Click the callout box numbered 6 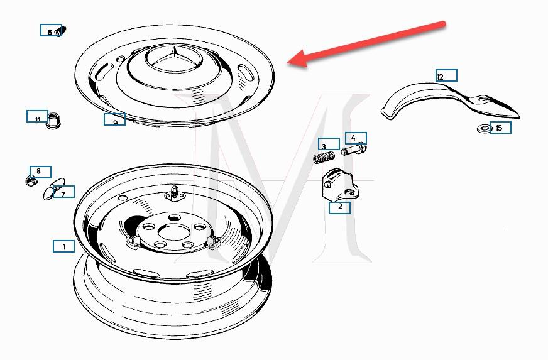(x=51, y=30)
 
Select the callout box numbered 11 (x=38, y=116)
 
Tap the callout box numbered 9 (x=114, y=119)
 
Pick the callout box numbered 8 (x=41, y=172)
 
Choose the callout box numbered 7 (x=63, y=192)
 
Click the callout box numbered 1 (x=63, y=246)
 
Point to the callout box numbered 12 (x=446, y=75)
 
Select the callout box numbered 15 (x=500, y=127)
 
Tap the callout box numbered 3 (x=329, y=144)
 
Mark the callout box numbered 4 (x=356, y=138)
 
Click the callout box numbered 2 (x=340, y=207)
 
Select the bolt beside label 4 (x=354, y=150)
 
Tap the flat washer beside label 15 (x=485, y=129)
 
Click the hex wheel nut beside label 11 (x=54, y=121)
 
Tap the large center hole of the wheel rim (x=173, y=232)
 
